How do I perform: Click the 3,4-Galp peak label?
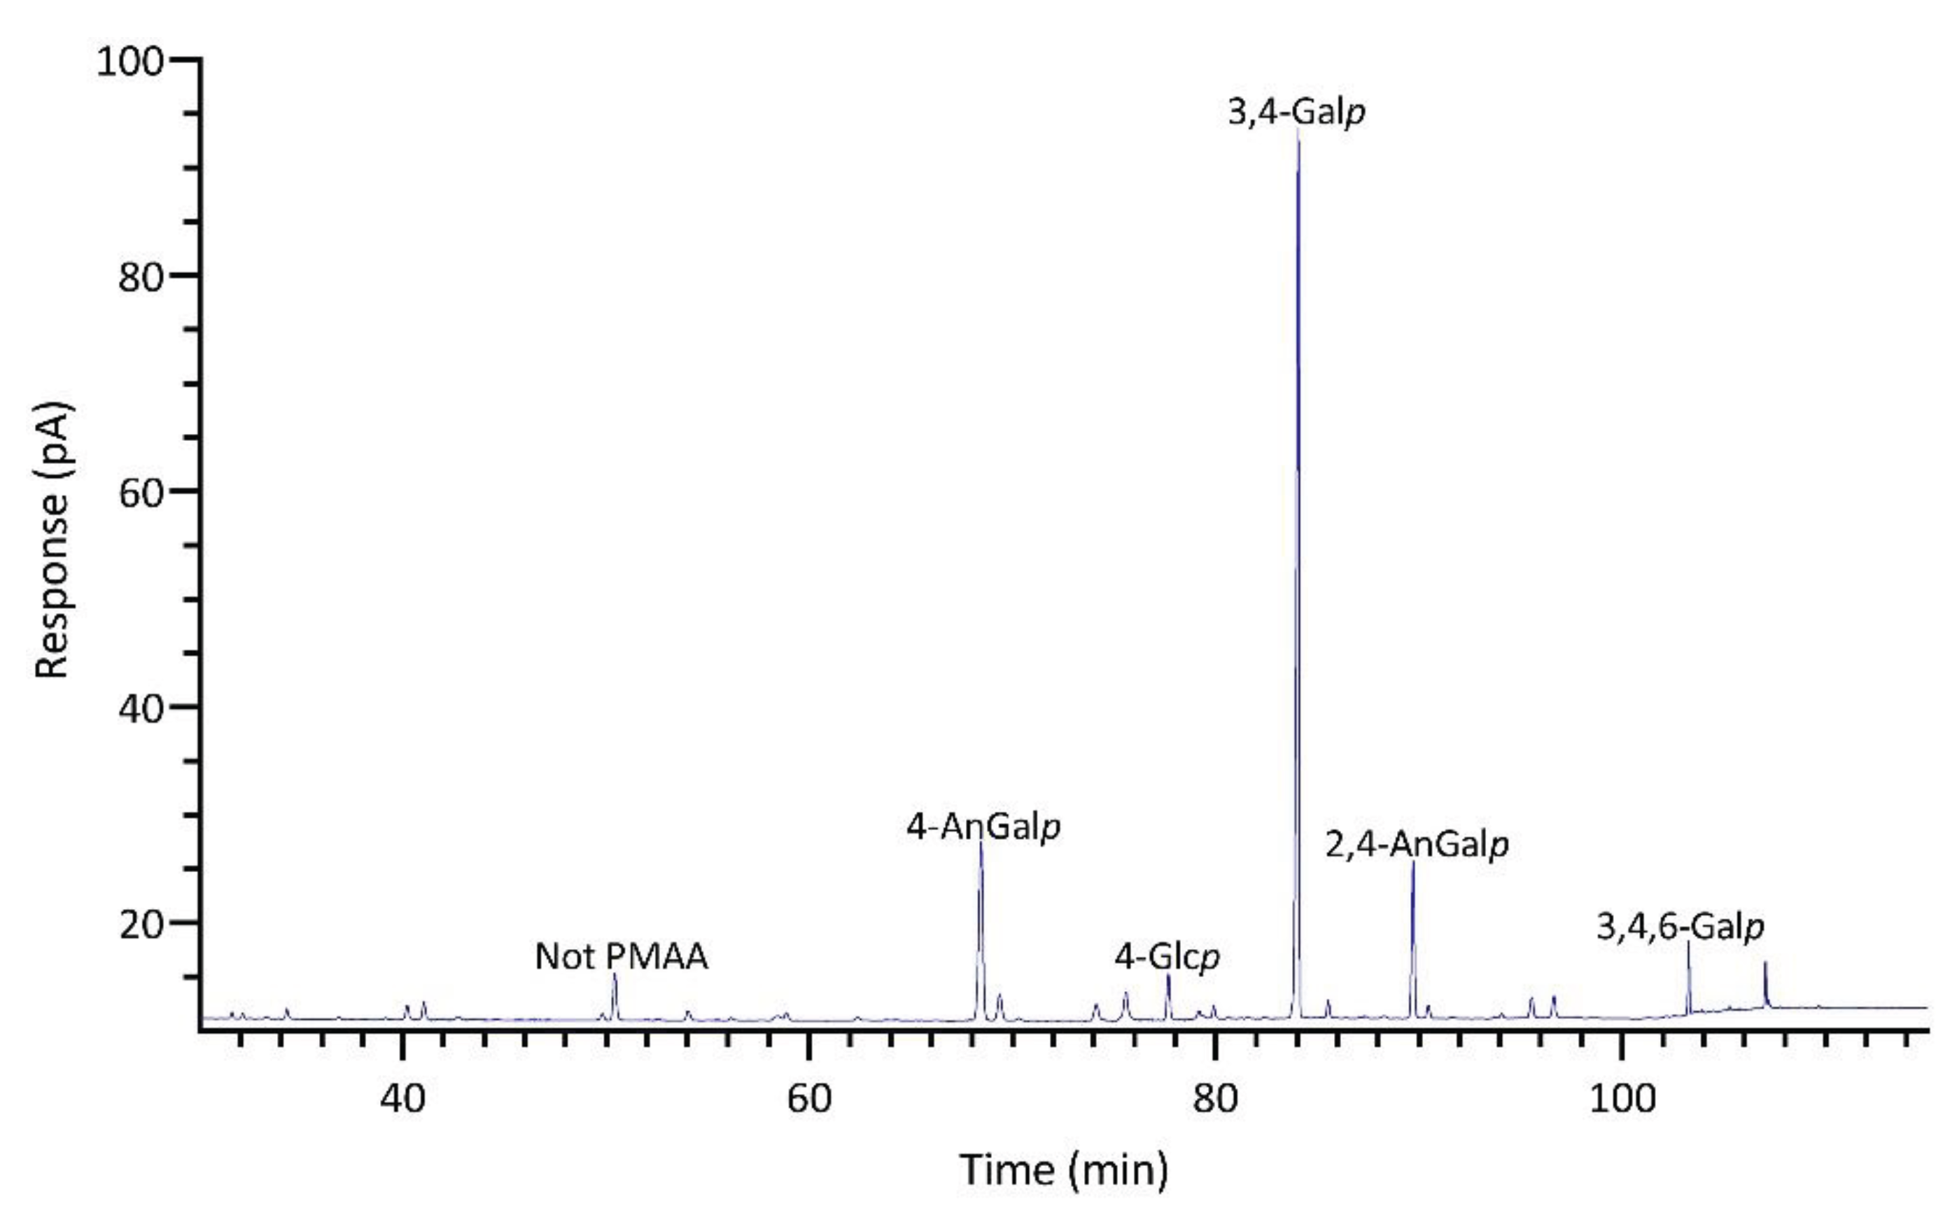click(1296, 113)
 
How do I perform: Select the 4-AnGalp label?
click(983, 827)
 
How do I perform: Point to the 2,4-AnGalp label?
click(1417, 845)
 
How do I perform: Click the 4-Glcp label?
click(1167, 957)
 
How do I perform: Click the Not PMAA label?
click(622, 957)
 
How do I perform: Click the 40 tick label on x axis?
click(402, 1098)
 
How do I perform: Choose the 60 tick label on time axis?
click(809, 1098)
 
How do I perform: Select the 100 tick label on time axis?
click(1622, 1098)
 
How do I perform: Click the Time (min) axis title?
click(1063, 1170)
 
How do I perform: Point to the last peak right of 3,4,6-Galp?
click(1765, 964)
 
